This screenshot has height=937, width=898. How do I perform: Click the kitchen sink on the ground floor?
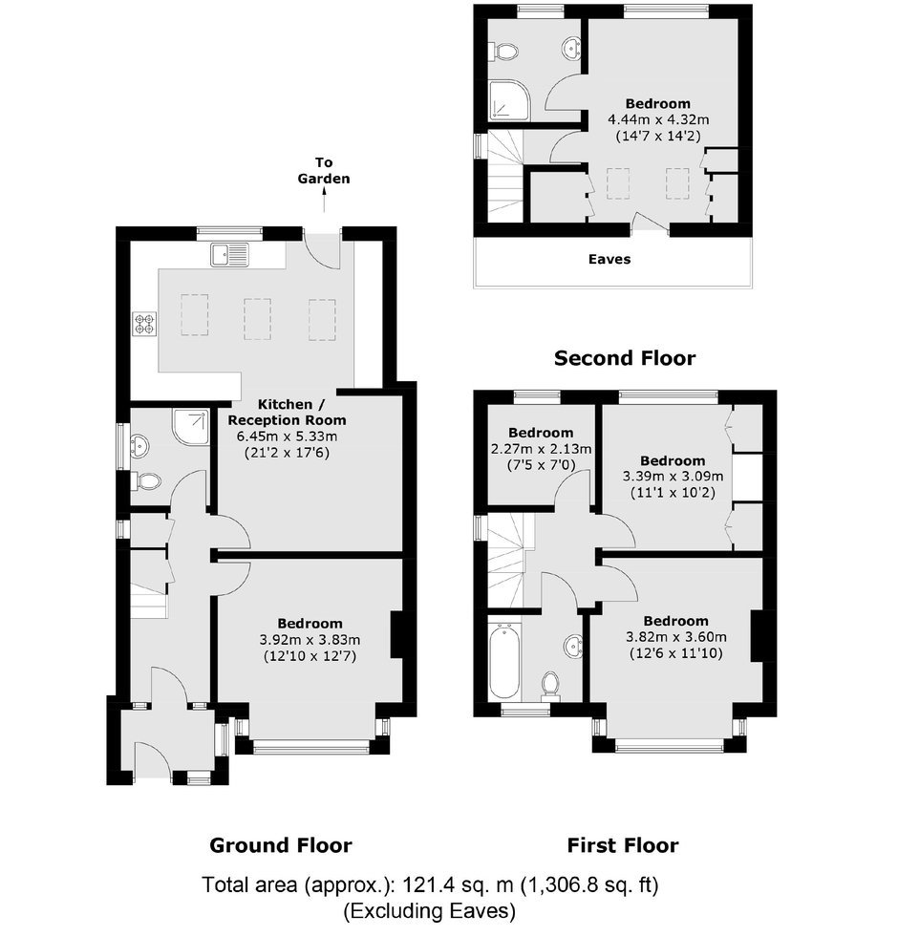(x=229, y=255)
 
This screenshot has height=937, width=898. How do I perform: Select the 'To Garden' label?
(x=324, y=170)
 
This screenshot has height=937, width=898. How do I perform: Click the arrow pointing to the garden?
(x=324, y=200)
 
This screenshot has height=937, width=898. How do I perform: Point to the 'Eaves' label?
(x=609, y=260)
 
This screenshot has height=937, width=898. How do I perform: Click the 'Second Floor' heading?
(x=625, y=358)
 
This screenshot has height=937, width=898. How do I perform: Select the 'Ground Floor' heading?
(x=281, y=845)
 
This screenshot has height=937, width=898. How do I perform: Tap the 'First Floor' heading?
(x=622, y=845)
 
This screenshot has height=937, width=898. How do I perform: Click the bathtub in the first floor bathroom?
(x=503, y=661)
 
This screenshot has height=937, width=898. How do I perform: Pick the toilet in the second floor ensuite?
(x=502, y=52)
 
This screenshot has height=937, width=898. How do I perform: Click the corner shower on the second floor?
(x=509, y=100)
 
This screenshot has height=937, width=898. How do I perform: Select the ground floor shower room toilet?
(x=146, y=481)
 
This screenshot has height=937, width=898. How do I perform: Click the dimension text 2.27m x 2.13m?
(x=541, y=449)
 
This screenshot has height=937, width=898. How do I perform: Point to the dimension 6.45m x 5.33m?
(x=287, y=437)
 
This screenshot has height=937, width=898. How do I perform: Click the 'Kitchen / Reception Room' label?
(x=287, y=413)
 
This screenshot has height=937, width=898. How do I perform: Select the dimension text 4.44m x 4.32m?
(x=658, y=119)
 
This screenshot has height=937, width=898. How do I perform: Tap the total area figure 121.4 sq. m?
(x=458, y=885)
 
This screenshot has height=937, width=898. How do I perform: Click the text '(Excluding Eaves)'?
(x=429, y=911)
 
